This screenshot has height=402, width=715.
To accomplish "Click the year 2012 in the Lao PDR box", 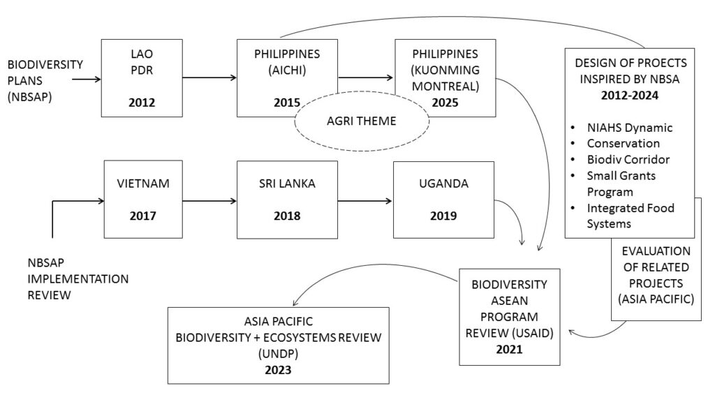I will click(x=140, y=104).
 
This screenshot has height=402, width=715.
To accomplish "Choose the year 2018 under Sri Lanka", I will click(x=287, y=215).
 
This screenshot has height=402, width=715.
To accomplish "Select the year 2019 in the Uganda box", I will click(x=443, y=215).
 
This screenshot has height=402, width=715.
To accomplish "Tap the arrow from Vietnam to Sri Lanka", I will click(x=209, y=202).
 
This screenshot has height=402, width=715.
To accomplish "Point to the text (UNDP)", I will click(x=278, y=353).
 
